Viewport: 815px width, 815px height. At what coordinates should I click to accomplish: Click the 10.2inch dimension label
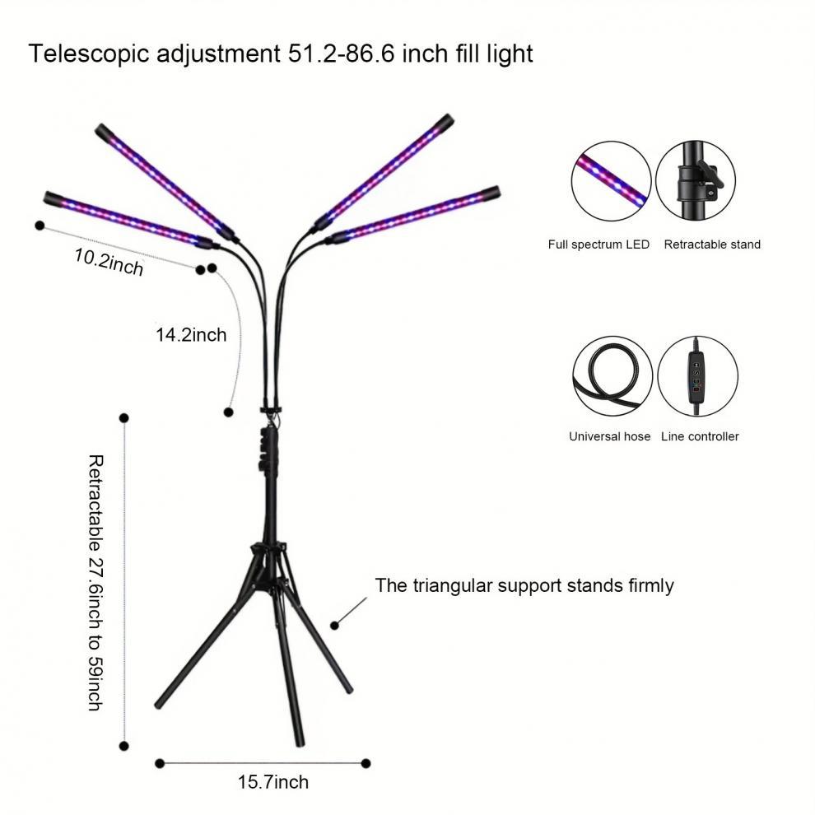pos(109,262)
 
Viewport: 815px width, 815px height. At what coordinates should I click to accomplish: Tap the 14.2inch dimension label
pos(191,334)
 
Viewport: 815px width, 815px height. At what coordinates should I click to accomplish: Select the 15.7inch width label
pos(273,781)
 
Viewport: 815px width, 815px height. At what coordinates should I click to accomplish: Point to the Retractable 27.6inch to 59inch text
pos(95,582)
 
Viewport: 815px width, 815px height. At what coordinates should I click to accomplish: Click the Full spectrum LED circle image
pos(611,181)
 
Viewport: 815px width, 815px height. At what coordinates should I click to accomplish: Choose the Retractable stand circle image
pos(696,181)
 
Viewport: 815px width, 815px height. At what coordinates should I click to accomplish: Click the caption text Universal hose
pos(609,436)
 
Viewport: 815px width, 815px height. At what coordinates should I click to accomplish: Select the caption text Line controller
pos(700,436)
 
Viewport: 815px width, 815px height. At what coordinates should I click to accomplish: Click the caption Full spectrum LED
pos(598,244)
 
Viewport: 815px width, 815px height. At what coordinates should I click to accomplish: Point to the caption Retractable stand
pos(712,244)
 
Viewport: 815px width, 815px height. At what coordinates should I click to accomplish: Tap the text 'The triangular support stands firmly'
pos(524,585)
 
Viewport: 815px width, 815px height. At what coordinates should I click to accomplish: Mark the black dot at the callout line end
pos(335,625)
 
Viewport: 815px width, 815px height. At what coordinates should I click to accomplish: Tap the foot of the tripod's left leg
pos(159,704)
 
